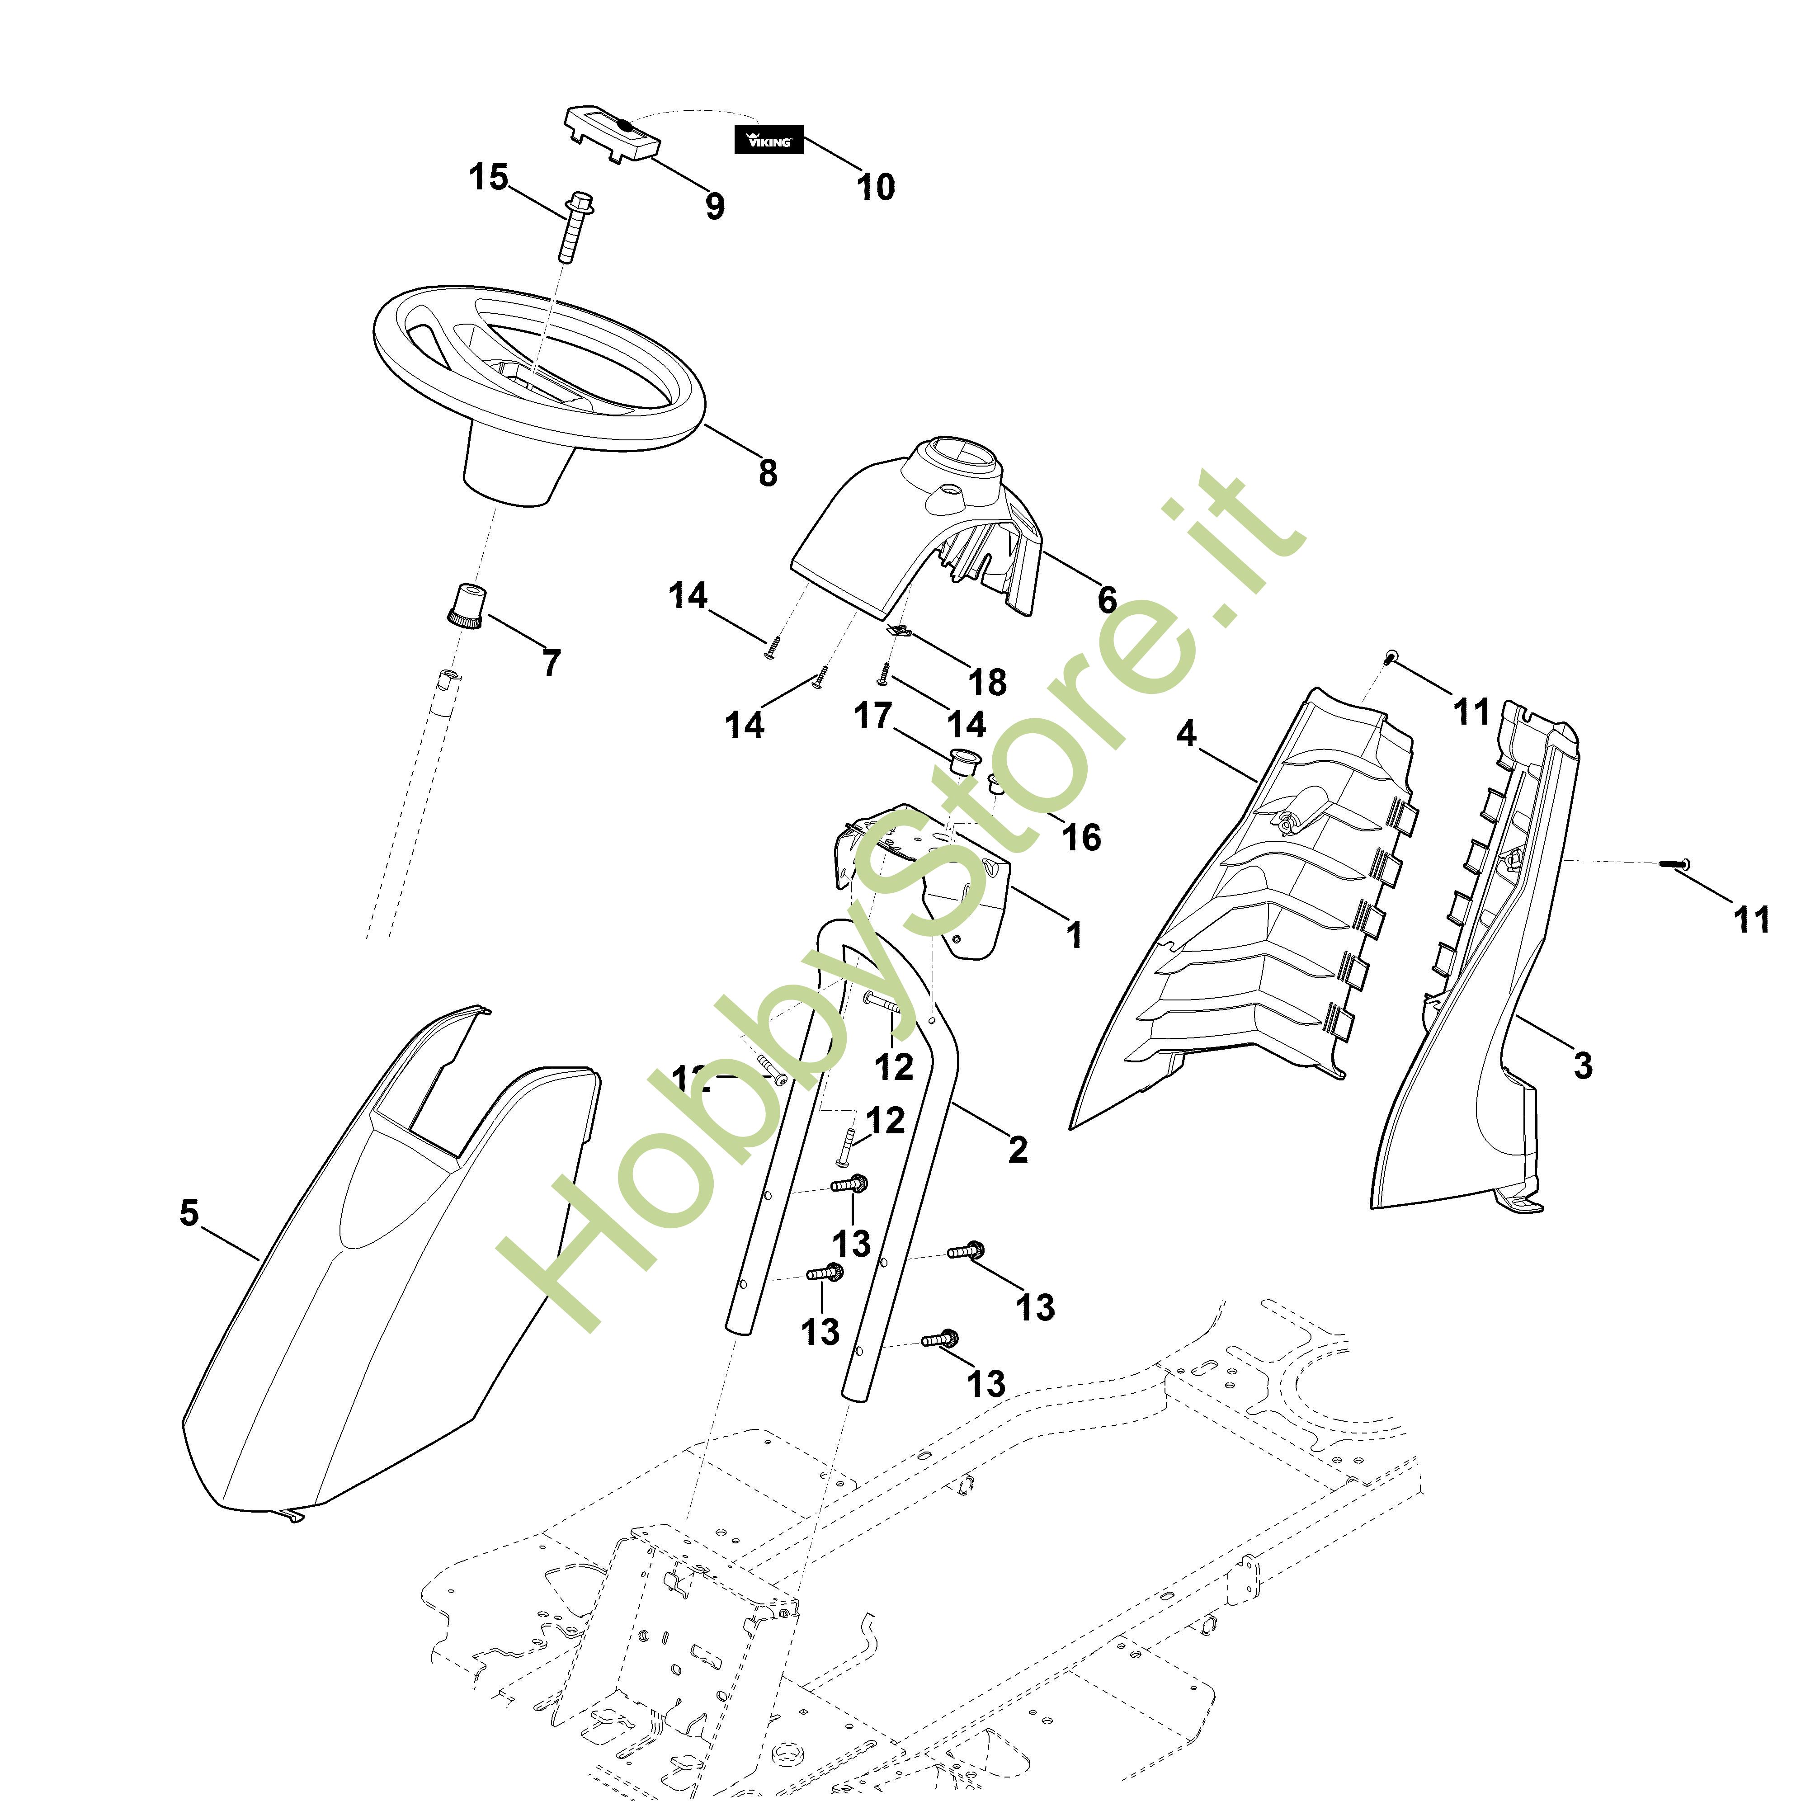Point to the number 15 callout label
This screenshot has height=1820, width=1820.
pos(489,176)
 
